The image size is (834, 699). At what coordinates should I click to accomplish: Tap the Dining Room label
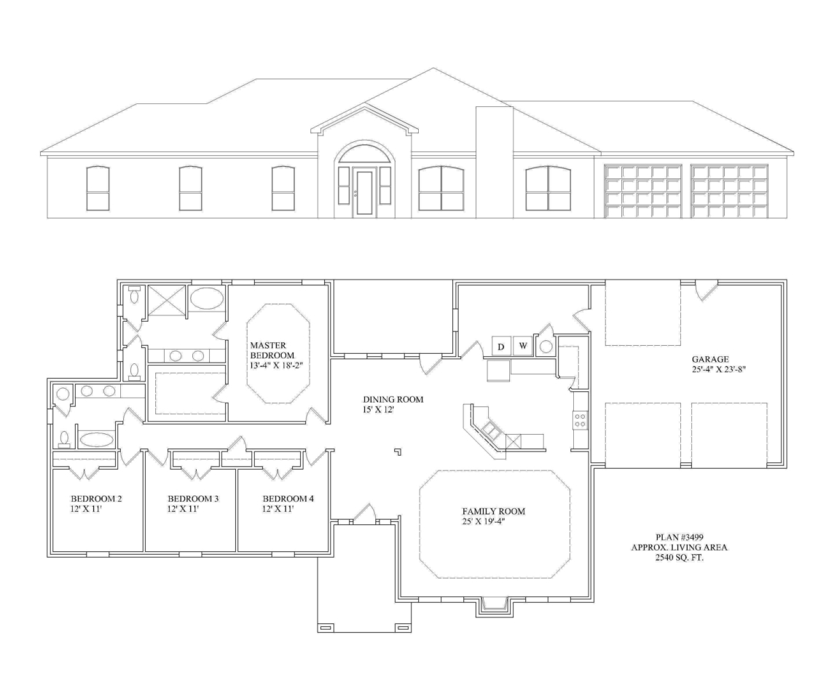(393, 400)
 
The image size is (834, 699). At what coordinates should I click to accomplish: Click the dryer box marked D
(500, 346)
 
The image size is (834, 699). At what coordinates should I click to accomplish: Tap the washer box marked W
(522, 346)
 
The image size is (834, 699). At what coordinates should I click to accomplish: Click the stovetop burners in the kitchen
(581, 420)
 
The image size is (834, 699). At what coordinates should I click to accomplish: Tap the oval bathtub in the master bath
(207, 299)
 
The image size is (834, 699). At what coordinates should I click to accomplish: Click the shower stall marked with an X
(166, 300)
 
